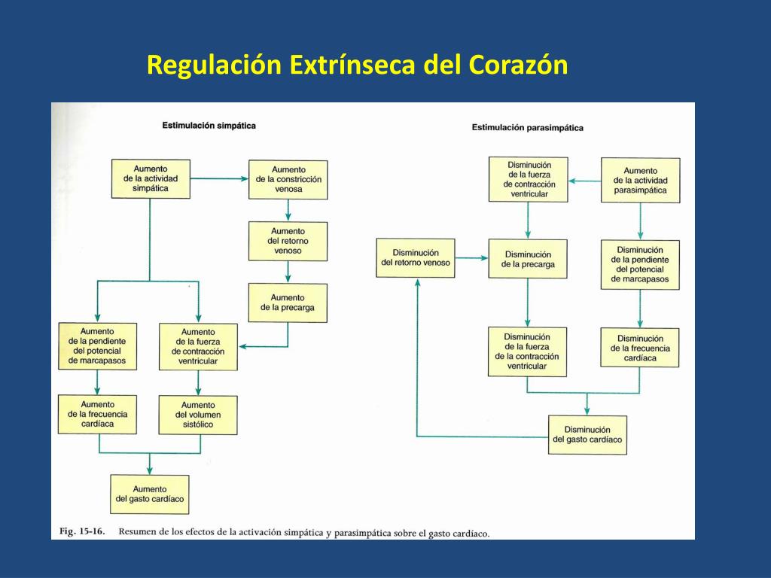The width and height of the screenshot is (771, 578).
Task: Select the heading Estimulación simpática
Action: click(209, 125)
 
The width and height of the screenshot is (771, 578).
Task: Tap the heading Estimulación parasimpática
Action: click(527, 128)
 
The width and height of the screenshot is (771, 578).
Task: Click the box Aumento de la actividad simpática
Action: click(150, 179)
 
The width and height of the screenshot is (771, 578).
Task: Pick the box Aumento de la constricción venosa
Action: click(288, 180)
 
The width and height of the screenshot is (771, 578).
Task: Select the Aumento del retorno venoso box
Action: click(288, 241)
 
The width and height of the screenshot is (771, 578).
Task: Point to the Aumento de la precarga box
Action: click(288, 303)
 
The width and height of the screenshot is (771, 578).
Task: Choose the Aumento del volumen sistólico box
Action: click(198, 415)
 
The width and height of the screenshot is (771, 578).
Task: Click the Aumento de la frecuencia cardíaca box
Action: click(98, 414)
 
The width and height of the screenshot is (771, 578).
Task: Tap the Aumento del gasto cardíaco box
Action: click(150, 494)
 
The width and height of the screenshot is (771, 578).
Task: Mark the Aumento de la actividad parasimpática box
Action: click(640, 181)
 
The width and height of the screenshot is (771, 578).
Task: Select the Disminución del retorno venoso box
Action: click(416, 257)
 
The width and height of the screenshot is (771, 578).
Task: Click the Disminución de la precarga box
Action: click(528, 259)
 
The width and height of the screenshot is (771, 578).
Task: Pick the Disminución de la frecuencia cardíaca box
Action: click(640, 348)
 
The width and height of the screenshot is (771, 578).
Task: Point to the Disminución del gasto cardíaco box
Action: click(587, 434)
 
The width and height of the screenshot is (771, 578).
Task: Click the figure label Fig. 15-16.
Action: click(82, 531)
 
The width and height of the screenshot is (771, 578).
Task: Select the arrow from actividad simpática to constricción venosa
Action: click(219, 179)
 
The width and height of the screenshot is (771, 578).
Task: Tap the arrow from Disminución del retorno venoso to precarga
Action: click(471, 258)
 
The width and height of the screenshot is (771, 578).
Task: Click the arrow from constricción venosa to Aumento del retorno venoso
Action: click(288, 210)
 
